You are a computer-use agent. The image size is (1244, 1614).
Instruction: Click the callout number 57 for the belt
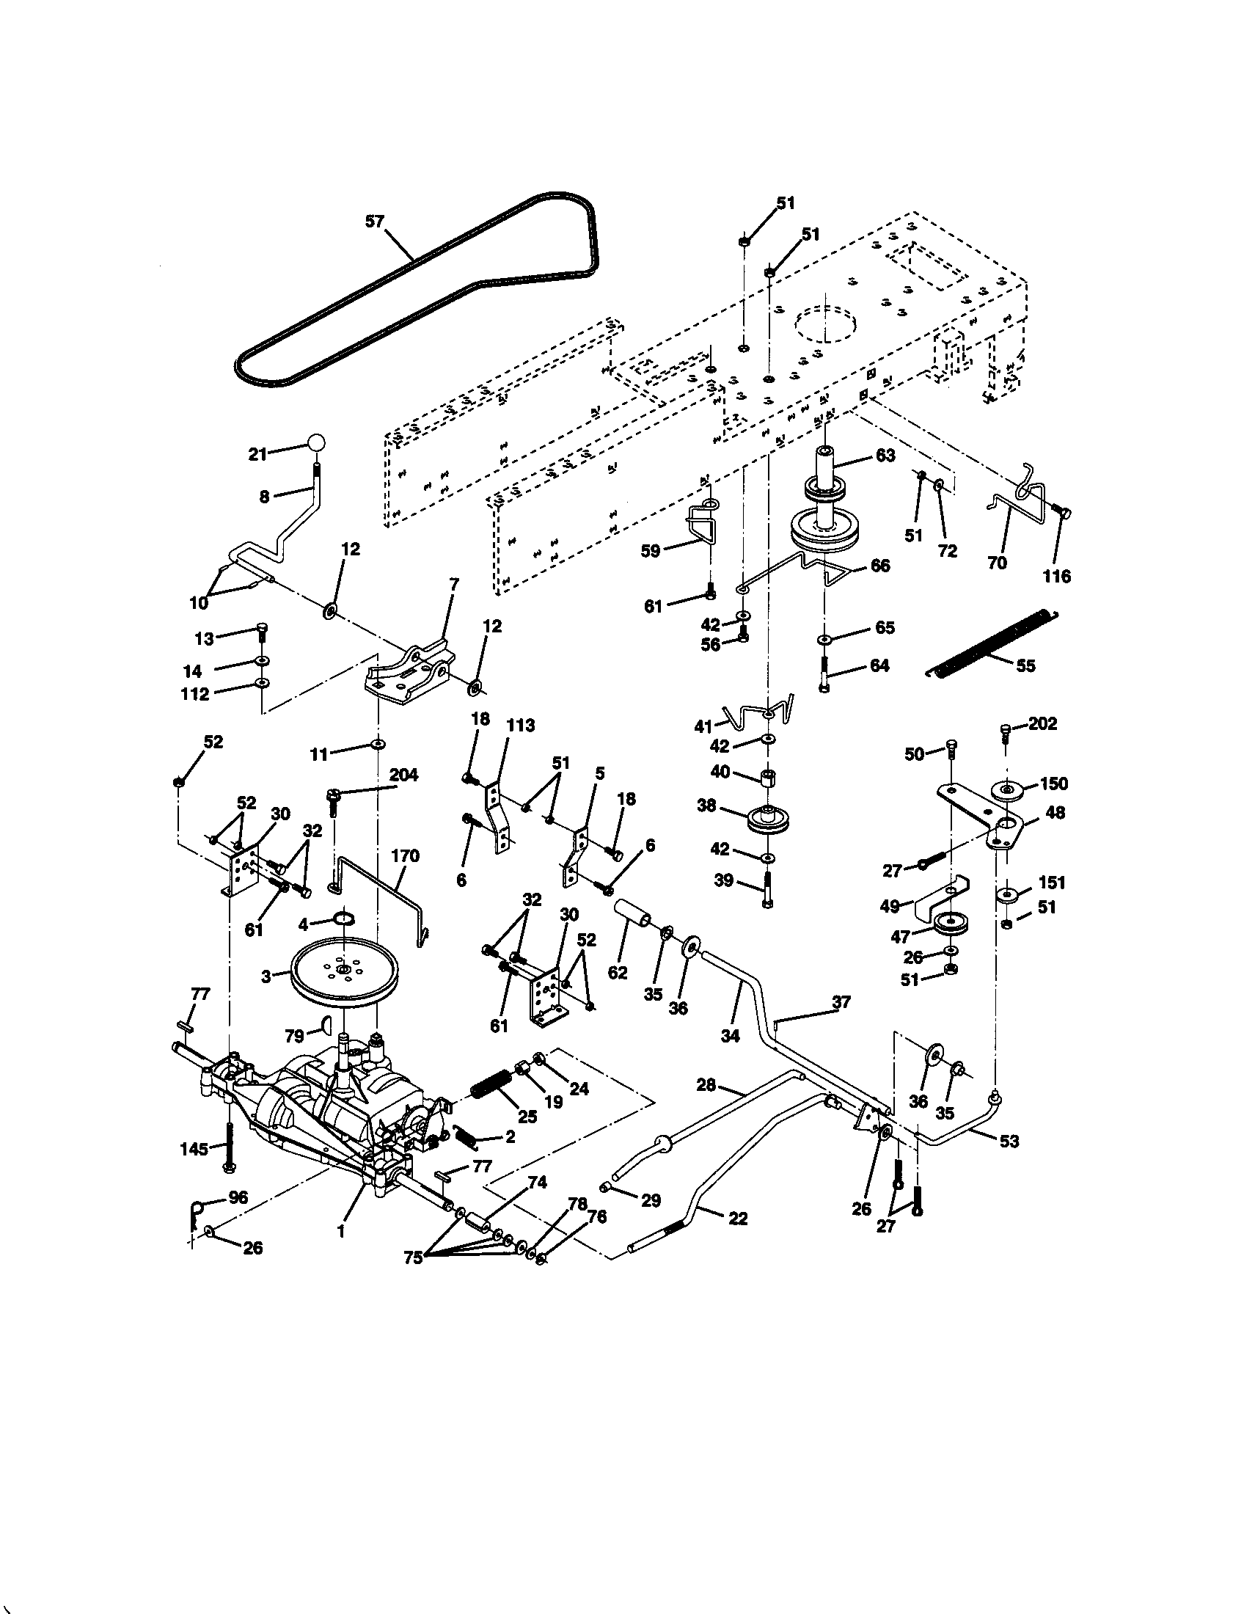376,221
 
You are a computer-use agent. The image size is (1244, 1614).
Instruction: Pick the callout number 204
403,775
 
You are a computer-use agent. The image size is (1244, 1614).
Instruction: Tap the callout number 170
405,855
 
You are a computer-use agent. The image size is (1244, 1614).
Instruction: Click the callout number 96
238,1198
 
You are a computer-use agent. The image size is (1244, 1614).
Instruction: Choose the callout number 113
520,726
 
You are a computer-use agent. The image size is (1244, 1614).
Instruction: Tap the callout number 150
1053,784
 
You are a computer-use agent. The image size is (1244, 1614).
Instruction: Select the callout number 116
1056,577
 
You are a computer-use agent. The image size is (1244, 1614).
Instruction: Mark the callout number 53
1009,1141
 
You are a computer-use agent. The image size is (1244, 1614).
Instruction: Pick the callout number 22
737,1219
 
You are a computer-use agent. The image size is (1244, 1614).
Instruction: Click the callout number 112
195,694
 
